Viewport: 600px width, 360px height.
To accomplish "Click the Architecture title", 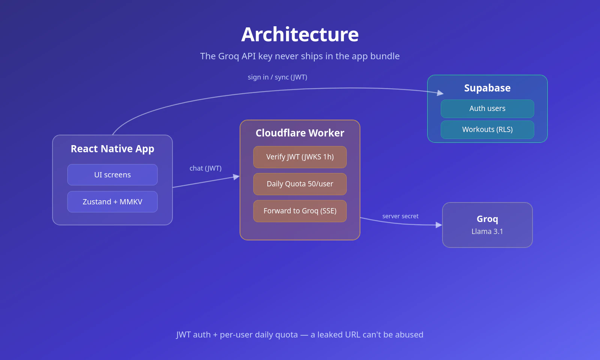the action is tap(300, 34).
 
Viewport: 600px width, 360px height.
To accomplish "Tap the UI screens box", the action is tap(112, 175).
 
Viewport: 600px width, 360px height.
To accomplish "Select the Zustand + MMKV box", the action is tap(112, 202).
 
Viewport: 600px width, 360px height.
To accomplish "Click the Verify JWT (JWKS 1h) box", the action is tap(300, 157).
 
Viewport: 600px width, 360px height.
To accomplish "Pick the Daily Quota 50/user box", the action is tap(300, 184).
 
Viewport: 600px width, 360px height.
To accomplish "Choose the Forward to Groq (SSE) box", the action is tap(300, 211).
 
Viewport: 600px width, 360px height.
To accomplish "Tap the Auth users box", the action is tap(487, 108).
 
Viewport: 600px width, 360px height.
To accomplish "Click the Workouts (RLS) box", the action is tap(487, 130).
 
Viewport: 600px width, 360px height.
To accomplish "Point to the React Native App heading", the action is tap(112, 149).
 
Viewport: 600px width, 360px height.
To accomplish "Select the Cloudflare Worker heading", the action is tap(300, 133).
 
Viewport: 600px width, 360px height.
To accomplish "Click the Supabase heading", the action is tap(487, 88).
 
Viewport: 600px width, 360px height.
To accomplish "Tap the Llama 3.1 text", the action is tap(487, 231).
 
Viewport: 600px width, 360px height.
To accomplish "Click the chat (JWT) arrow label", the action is tap(205, 168).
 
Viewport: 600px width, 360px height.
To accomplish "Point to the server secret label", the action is tap(400, 216).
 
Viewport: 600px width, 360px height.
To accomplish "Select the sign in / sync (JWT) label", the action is tap(277, 77).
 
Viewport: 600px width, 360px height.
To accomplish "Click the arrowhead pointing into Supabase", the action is tap(440, 93).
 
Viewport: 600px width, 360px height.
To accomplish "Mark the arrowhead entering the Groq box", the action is tap(439, 225).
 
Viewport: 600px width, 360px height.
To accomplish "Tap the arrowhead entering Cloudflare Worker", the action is tap(236, 177).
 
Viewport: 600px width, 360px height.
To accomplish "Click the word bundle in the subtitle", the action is tap(385, 56).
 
